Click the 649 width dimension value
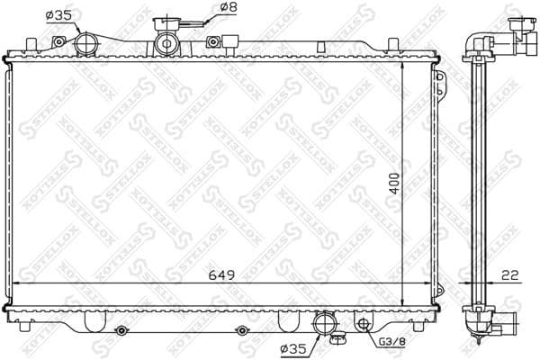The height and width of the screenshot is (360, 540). click(x=223, y=275)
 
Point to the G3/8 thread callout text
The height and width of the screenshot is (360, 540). click(x=389, y=342)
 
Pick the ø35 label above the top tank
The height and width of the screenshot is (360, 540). click(x=58, y=13)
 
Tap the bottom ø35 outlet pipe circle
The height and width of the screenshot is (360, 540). click(x=322, y=324)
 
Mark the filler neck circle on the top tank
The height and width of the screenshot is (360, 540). click(x=166, y=43)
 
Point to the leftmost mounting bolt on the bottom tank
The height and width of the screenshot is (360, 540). click(x=121, y=330)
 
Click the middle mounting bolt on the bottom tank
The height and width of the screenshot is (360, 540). click(x=240, y=330)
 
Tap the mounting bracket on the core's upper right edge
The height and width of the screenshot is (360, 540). click(x=441, y=83)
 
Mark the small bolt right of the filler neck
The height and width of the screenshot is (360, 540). click(x=213, y=40)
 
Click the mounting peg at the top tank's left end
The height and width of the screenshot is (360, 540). click(x=32, y=44)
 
